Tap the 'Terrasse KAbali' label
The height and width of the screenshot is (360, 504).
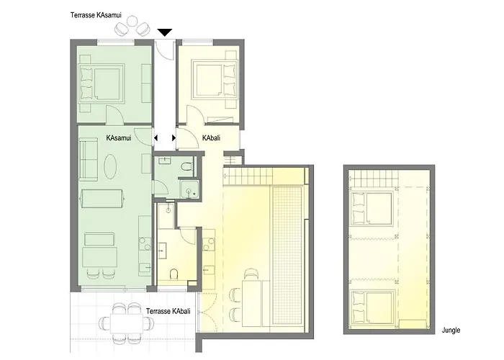click(x=168, y=311)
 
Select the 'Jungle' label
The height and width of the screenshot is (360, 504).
click(x=451, y=330)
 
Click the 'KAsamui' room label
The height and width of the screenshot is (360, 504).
click(x=119, y=138)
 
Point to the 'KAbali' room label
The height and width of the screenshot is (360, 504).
click(x=211, y=138)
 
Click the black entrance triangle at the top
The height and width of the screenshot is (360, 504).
click(x=165, y=32)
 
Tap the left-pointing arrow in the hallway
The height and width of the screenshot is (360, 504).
click(x=156, y=138)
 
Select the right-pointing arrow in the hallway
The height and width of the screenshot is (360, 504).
click(x=174, y=138)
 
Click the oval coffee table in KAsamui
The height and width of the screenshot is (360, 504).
click(x=110, y=166)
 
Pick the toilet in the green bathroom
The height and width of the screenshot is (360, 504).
click(x=186, y=167)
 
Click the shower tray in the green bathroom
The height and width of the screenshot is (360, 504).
click(x=189, y=189)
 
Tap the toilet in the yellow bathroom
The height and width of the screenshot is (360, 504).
click(x=174, y=274)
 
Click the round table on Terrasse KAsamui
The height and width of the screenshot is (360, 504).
click(x=132, y=21)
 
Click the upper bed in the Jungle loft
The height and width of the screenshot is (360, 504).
click(x=372, y=208)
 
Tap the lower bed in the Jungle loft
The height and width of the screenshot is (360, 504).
click(x=372, y=307)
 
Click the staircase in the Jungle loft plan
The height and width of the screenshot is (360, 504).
click(x=374, y=179)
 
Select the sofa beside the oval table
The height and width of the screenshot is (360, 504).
click(x=89, y=160)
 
